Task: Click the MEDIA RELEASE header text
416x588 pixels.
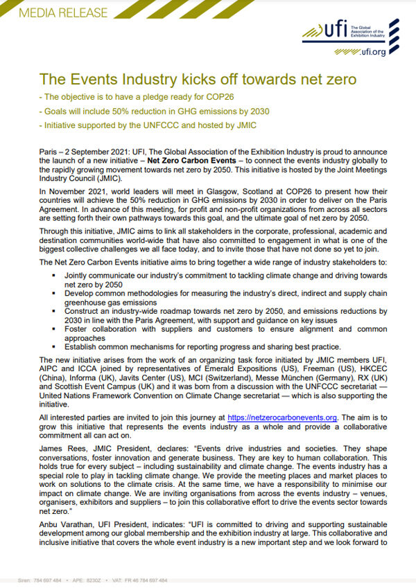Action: (x=55, y=12)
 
